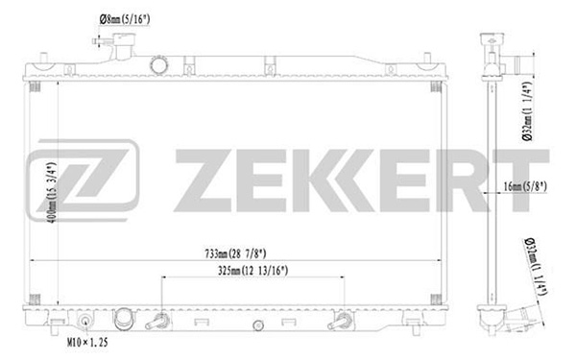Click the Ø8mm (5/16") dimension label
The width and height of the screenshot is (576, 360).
[x=125, y=19]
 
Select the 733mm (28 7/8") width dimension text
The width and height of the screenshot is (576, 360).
[x=235, y=253]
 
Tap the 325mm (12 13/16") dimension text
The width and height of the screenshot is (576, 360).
[x=253, y=271]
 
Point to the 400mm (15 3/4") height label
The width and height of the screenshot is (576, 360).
[x=52, y=193]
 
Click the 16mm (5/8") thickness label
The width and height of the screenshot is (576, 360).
[x=525, y=186]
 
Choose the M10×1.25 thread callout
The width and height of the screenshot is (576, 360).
[x=87, y=343]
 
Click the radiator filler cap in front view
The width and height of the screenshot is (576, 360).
[x=124, y=46]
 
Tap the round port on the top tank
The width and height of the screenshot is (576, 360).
[x=159, y=65]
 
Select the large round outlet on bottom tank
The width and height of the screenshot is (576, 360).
[x=124, y=319]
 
